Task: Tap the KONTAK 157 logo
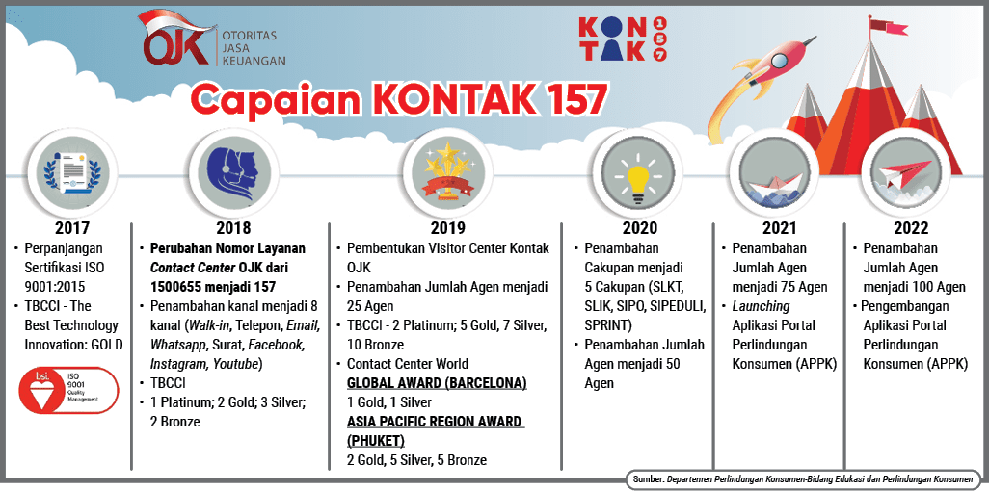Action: (622, 39)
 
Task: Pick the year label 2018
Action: (233, 228)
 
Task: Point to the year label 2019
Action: (446, 228)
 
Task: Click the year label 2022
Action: (910, 228)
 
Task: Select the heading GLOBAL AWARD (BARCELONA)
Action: (437, 383)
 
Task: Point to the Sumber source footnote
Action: (805, 478)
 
